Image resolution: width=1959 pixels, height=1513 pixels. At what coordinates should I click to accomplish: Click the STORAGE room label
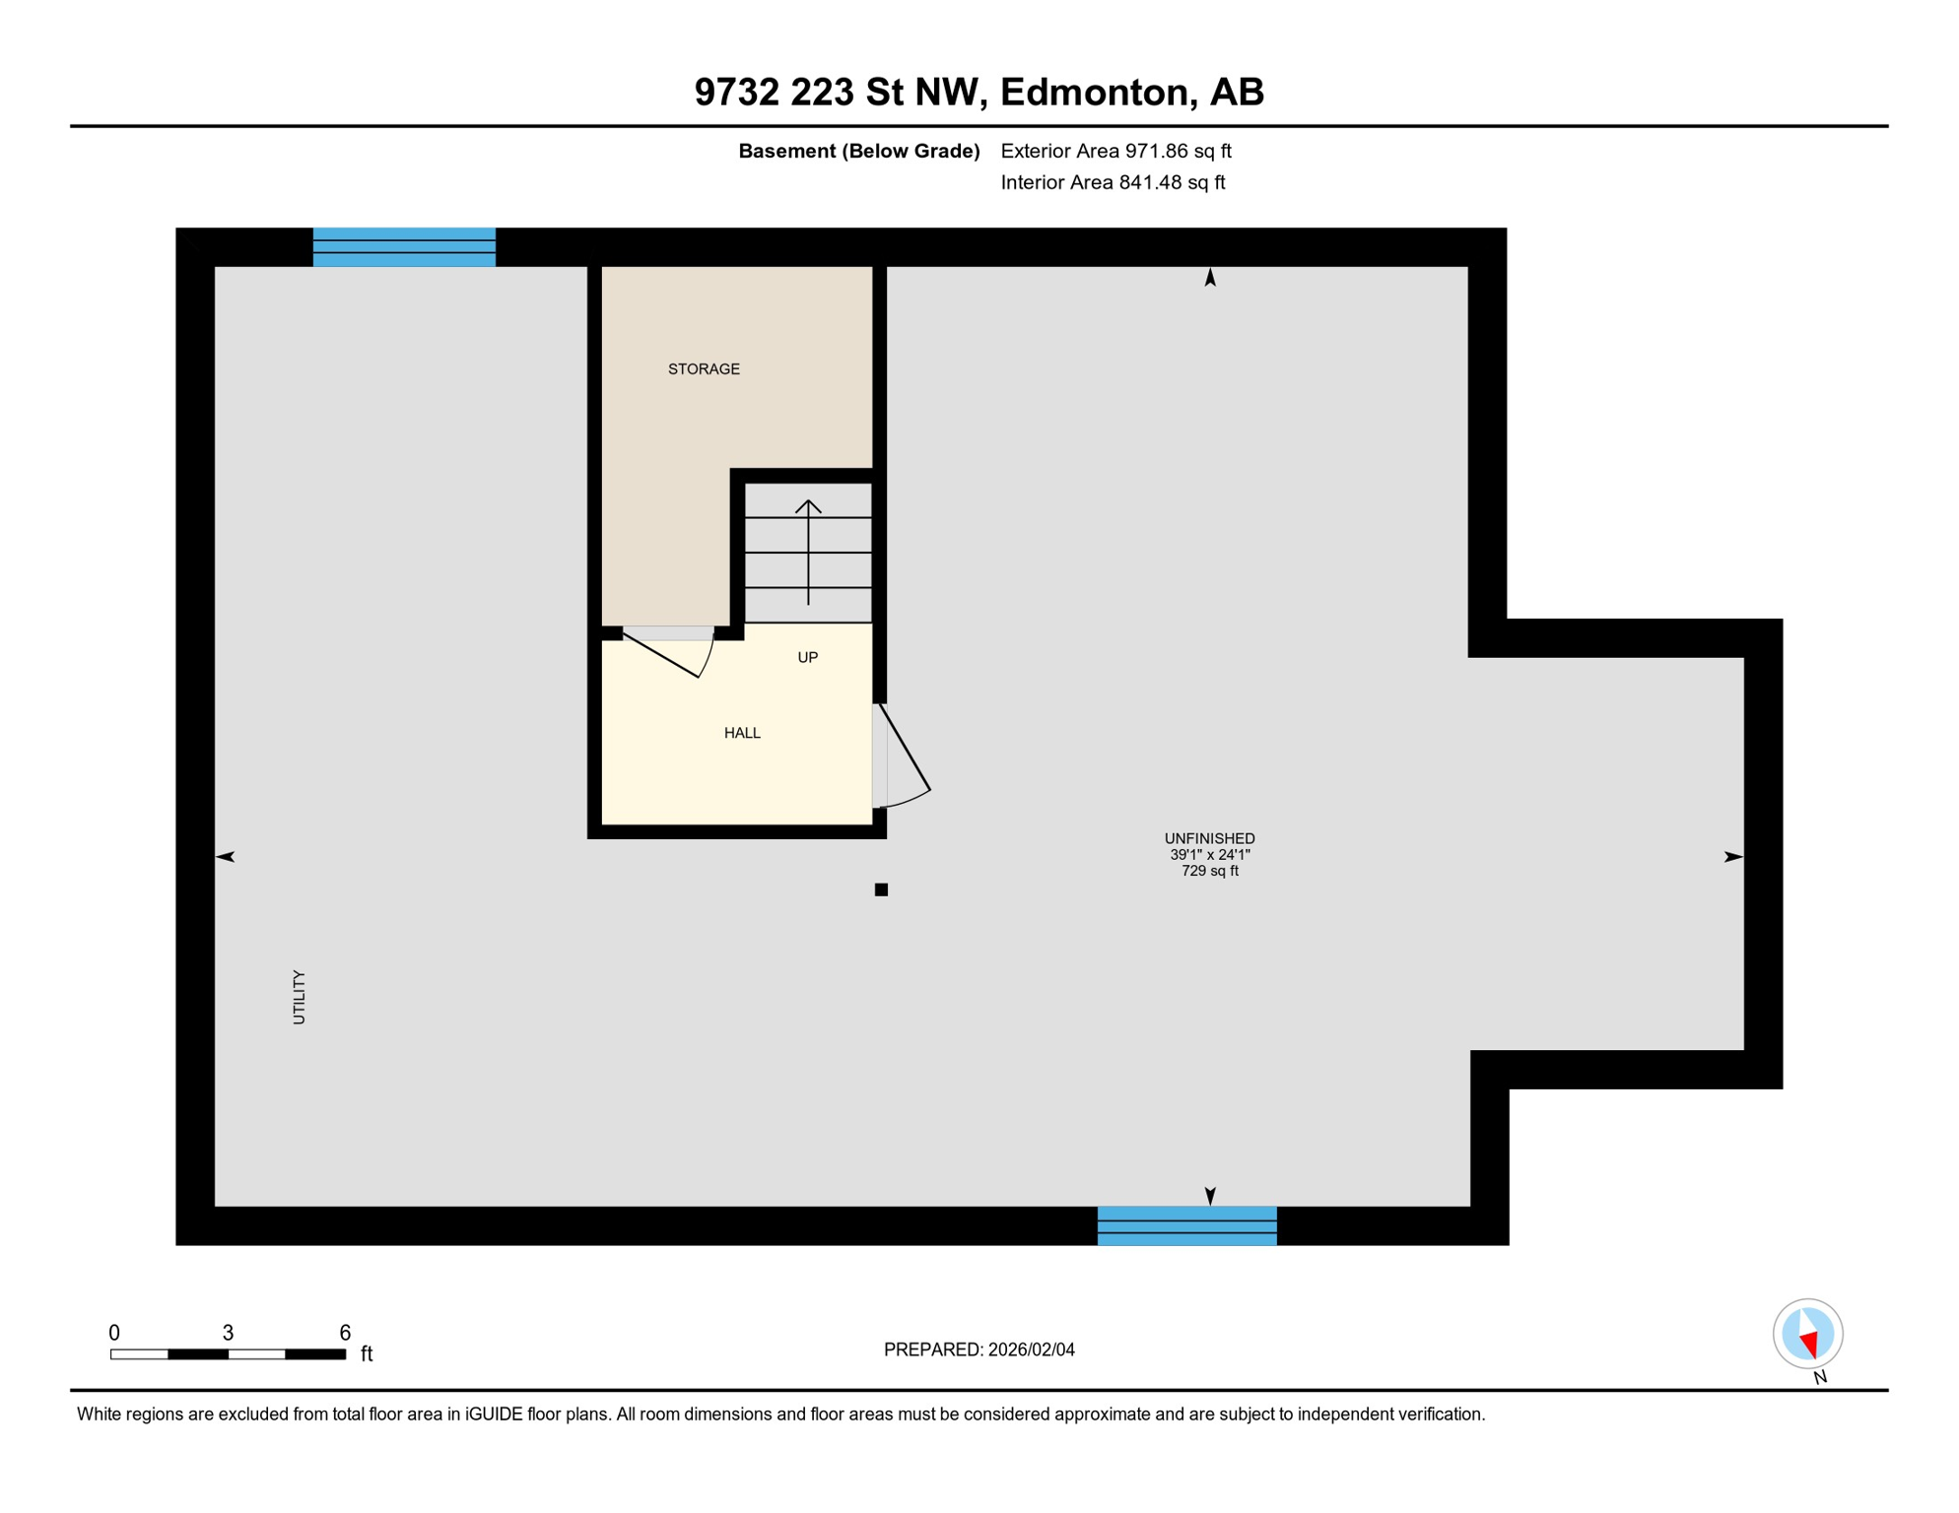pos(704,369)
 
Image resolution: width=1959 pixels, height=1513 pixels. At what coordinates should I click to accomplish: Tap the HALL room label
pos(742,733)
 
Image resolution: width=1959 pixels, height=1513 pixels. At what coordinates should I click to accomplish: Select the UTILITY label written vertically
pos(300,997)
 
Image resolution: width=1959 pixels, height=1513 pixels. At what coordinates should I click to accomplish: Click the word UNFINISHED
pos(1209,838)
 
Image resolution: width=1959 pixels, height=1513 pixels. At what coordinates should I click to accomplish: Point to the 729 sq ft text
pos(1209,871)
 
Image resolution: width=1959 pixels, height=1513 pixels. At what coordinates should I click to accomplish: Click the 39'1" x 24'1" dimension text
pos(1209,855)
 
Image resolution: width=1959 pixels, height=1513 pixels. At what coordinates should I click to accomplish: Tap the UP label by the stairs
pos(807,657)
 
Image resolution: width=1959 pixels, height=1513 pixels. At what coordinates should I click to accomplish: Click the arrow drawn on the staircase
pos(808,552)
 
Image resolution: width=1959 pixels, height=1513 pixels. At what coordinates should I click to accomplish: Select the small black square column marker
pos(881,889)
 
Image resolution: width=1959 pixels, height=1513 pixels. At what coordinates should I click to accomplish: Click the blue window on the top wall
pos(404,247)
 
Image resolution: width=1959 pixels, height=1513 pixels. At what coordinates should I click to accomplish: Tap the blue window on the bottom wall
pos(1186,1225)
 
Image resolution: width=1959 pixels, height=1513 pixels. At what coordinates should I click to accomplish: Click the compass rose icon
pos(1807,1334)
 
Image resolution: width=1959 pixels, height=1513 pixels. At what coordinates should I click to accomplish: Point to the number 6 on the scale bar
pos(345,1333)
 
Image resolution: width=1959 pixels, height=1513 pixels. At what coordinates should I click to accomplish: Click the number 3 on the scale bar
pos(228,1333)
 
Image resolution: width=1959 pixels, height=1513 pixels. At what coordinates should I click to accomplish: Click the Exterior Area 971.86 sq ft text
pos(1115,151)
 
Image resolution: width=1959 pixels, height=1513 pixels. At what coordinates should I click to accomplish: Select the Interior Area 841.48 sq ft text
pos(1113,182)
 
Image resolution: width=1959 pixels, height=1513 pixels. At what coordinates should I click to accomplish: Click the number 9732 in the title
pos(737,92)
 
